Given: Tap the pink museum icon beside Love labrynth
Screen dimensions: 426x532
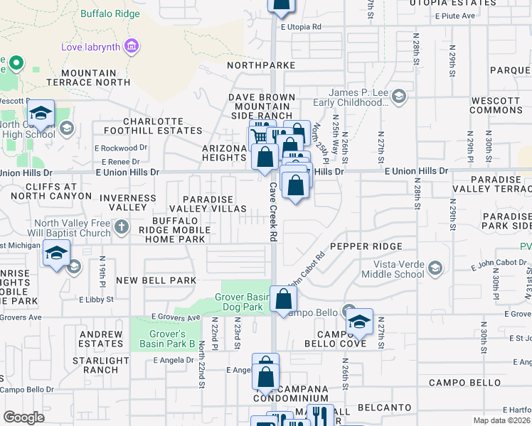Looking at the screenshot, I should pyautogui.click(x=130, y=48).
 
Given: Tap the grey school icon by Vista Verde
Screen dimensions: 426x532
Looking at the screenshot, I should pyautogui.click(x=435, y=268).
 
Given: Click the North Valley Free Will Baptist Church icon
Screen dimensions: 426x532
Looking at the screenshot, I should pyautogui.click(x=122, y=227).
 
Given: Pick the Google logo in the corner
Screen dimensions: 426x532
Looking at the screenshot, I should pyautogui.click(x=23, y=417).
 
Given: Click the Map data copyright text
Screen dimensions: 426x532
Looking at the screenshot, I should pyautogui.click(x=502, y=420).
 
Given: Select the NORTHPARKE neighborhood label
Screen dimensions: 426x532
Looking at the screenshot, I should pyautogui.click(x=261, y=65).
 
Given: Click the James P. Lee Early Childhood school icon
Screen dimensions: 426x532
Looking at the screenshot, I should pyautogui.click(x=400, y=95).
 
